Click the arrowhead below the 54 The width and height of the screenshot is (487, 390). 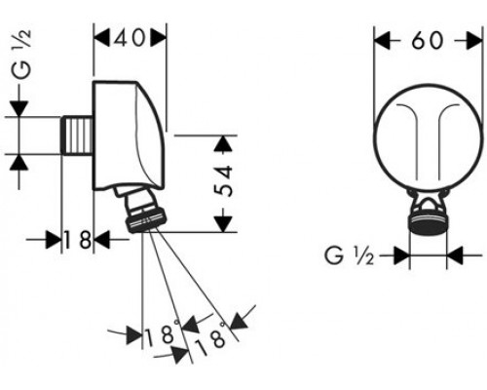[224, 223]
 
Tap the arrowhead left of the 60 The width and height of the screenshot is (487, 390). [384, 42]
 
